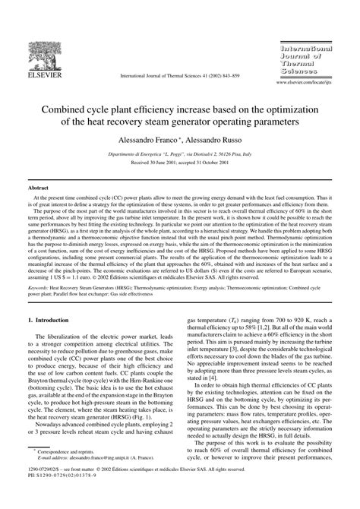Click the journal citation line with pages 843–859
[180, 76]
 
